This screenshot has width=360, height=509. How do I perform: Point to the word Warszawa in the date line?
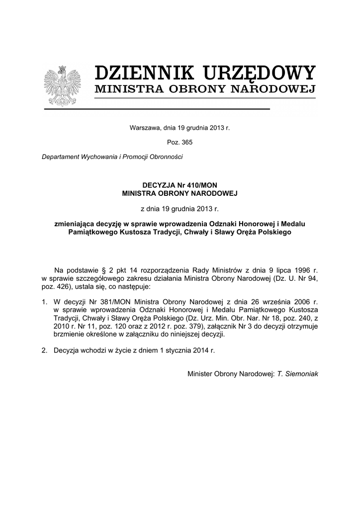coord(144,128)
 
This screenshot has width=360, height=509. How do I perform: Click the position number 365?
coord(186,142)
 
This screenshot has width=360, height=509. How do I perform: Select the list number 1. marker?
coord(45,301)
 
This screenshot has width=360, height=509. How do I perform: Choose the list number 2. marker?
coord(45,350)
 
